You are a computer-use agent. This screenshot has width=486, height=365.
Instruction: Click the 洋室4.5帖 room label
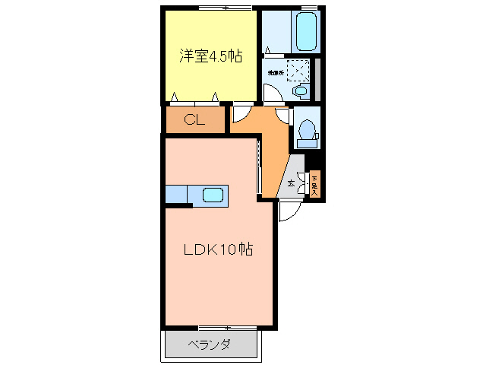coord(210,56)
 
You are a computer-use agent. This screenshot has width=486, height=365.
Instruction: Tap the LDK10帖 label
coord(216,249)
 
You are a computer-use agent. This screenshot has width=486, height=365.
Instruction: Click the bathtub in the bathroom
coord(308,32)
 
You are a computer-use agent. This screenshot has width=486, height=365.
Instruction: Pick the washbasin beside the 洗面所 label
coord(301,91)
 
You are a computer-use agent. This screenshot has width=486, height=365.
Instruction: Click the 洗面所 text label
coord(275,73)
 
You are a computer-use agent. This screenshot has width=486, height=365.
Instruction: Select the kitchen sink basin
coord(213,195)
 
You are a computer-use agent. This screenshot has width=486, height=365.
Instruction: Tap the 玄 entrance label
coord(291,183)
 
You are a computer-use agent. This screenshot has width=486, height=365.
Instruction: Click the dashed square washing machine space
coord(300,71)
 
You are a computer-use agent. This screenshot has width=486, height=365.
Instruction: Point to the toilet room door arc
coord(284,116)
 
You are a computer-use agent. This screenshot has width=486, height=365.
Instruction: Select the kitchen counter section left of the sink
coord(176,195)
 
